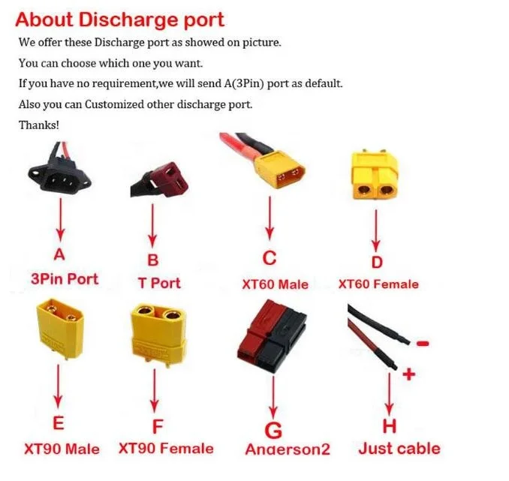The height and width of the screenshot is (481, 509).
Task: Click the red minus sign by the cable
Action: (x=422, y=343)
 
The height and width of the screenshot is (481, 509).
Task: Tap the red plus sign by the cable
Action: (x=408, y=373)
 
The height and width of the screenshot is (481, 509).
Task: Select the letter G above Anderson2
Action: (x=273, y=430)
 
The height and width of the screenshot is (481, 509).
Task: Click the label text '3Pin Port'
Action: (x=64, y=278)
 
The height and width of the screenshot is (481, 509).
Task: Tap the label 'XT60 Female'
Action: (x=378, y=284)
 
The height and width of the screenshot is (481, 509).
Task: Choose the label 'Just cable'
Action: (x=399, y=449)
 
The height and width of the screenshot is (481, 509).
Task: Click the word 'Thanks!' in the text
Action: (x=39, y=125)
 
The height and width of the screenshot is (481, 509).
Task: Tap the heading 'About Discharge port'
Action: (x=119, y=19)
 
